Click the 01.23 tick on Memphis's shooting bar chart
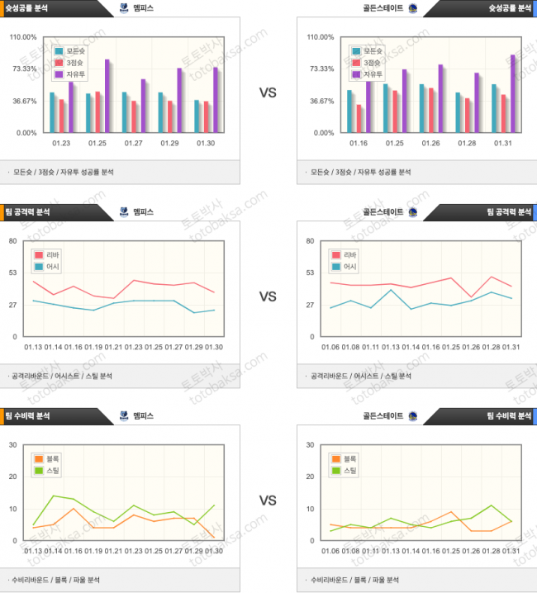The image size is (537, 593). (x=60, y=143)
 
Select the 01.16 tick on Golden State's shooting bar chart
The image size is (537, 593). (x=359, y=143)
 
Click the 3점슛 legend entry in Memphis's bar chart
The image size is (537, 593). (x=69, y=63)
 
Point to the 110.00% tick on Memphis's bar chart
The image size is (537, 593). (x=24, y=37)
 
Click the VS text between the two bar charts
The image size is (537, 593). (x=268, y=93)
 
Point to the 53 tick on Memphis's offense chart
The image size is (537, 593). (x=12, y=273)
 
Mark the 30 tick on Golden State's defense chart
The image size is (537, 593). (x=310, y=445)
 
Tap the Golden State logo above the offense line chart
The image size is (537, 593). (x=412, y=212)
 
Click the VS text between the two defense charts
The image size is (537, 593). (x=268, y=500)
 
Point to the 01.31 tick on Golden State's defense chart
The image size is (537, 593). (x=511, y=551)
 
